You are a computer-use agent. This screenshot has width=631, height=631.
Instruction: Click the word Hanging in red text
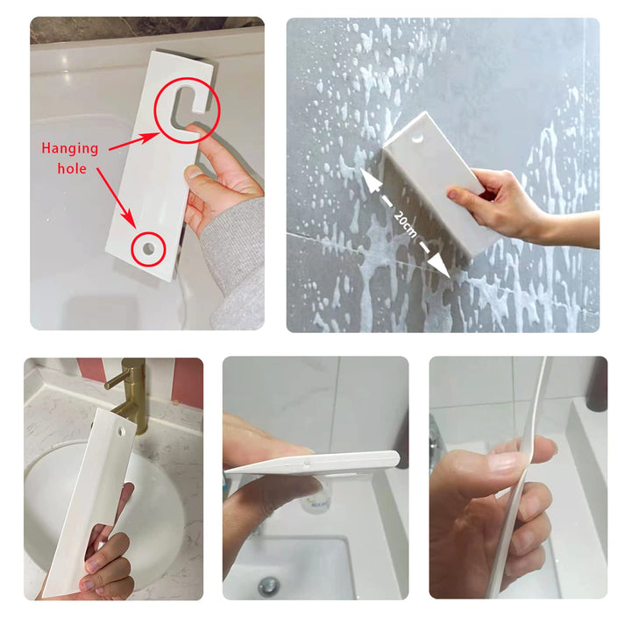[70, 149]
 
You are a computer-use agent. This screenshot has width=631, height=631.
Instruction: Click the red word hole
[72, 168]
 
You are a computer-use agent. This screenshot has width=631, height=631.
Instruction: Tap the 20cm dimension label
[405, 223]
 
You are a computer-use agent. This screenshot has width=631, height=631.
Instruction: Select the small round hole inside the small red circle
[148, 249]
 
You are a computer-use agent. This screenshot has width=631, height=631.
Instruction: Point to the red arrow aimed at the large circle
[134, 142]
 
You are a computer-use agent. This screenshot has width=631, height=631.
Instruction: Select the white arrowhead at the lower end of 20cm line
[438, 266]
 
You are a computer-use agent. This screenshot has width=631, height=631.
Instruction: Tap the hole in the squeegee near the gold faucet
[120, 432]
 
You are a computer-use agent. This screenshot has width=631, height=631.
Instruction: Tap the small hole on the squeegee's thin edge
[308, 464]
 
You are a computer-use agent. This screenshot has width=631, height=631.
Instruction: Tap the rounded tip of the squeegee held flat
[394, 458]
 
